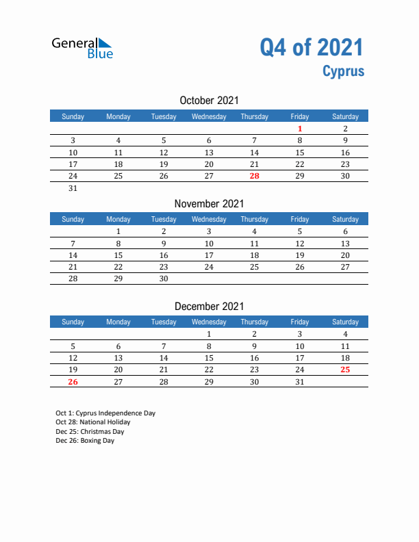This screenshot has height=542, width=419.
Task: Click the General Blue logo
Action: [82, 48]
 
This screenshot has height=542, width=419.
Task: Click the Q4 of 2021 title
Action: [312, 47]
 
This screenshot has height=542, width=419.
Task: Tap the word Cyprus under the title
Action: [344, 71]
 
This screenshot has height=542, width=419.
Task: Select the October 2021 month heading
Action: [209, 101]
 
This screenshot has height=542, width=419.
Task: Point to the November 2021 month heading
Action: [209, 203]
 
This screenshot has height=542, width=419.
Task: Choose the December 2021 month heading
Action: [209, 307]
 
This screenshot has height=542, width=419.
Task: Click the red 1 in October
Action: [300, 129]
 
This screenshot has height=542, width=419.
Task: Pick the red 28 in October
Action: [255, 176]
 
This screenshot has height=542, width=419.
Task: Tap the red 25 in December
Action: [345, 370]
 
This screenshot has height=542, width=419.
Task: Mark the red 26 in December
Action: [73, 382]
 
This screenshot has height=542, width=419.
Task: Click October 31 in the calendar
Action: [73, 188]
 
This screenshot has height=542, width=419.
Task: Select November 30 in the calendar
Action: [164, 279]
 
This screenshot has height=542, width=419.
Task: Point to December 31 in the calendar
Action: [300, 382]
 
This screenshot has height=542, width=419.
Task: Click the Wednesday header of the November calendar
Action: [209, 219]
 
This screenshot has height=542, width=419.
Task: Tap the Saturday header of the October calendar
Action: [345, 116]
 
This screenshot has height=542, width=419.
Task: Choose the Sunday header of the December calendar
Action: [73, 322]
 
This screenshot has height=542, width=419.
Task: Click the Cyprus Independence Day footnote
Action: [105, 413]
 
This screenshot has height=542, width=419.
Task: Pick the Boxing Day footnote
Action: [85, 441]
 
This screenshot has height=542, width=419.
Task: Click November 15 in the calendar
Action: [118, 255]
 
